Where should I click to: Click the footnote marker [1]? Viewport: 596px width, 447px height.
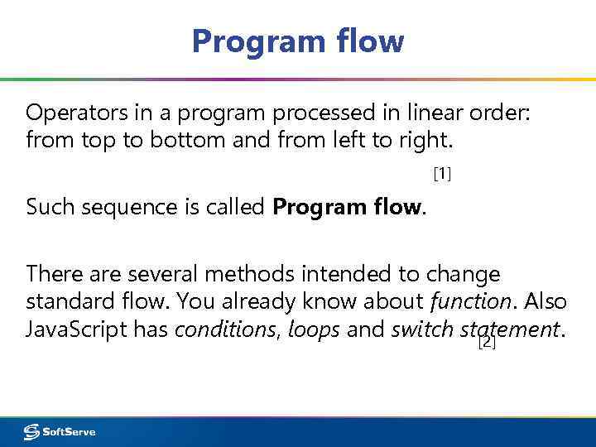442,174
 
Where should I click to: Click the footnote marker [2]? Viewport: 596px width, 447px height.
487,342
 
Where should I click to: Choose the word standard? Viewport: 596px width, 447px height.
65,301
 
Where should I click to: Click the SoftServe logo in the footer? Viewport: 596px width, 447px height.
60,431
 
